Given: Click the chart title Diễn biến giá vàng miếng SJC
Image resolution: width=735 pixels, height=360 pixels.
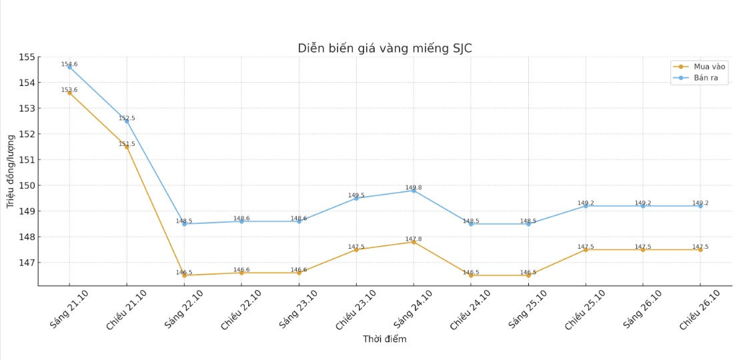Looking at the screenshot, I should pyautogui.click(x=385, y=48).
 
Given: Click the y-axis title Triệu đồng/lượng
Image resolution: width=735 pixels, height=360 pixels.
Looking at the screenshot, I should pyautogui.click(x=11, y=171).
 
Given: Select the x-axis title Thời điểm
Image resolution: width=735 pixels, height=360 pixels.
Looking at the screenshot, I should pyautogui.click(x=385, y=339).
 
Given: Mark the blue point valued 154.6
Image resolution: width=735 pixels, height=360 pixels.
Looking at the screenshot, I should pyautogui.click(x=69, y=67).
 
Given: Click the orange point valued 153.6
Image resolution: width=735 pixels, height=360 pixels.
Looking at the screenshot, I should pyautogui.click(x=69, y=93).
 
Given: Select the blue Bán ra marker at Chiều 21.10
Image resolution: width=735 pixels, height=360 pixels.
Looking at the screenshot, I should pyautogui.click(x=127, y=121).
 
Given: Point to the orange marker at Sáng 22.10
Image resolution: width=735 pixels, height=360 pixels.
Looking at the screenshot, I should pyautogui.click(x=184, y=275).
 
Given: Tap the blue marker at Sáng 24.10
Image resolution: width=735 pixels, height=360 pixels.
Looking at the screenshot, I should pyautogui.click(x=414, y=191).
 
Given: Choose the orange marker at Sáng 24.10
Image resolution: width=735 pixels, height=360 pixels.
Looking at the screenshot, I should pyautogui.click(x=414, y=242).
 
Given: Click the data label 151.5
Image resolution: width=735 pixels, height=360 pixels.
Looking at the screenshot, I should pyautogui.click(x=127, y=144).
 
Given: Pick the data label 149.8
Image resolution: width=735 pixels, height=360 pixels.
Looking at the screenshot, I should pyautogui.click(x=414, y=187).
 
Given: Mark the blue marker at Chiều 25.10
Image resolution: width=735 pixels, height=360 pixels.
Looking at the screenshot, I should pyautogui.click(x=586, y=206).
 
